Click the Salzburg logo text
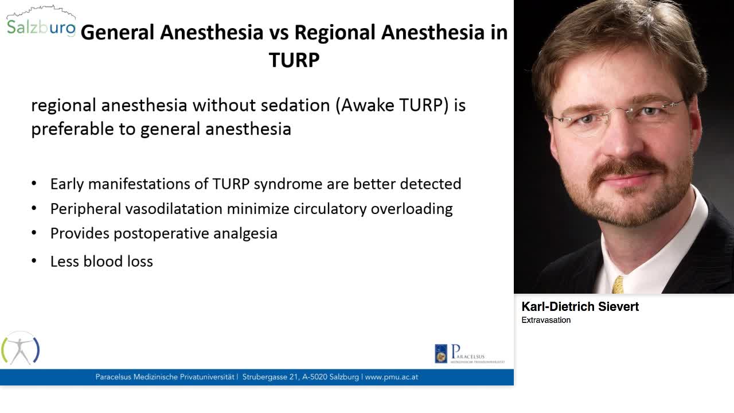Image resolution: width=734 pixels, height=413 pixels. click(41, 28)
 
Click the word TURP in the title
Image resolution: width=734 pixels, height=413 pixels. click(294, 60)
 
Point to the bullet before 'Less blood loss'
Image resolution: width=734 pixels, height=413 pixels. click(34, 261)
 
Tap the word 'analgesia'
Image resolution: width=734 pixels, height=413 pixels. click(245, 233)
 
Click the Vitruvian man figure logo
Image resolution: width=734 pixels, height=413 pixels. click(20, 348)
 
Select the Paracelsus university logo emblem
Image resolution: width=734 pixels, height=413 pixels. click(441, 354)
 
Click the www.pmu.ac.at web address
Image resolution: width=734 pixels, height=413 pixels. click(392, 377)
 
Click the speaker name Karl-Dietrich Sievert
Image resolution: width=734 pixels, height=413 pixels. click(580, 307)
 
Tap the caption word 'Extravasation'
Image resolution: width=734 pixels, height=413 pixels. click(546, 320)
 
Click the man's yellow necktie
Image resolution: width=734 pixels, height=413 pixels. click(618, 285)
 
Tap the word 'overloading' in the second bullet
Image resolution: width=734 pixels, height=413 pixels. click(412, 209)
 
